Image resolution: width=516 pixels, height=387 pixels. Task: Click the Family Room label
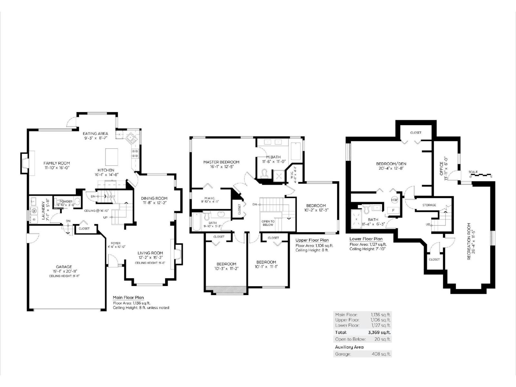(57, 163)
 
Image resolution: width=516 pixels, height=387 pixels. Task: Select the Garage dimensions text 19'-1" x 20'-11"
(64, 271)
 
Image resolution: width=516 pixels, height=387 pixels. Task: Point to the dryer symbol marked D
(34, 219)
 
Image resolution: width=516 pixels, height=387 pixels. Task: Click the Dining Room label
(154, 198)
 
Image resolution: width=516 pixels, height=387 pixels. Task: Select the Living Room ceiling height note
(150, 263)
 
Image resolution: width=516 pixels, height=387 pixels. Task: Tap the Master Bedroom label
(221, 162)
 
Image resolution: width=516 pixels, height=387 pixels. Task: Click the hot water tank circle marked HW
(394, 200)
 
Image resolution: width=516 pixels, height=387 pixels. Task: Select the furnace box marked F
(393, 210)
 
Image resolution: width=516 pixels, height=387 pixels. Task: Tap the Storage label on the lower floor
(429, 205)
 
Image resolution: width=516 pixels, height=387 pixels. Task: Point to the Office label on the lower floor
(442, 168)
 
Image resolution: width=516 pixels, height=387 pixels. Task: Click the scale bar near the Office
(481, 175)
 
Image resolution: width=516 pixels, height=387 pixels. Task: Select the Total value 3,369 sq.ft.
(379, 332)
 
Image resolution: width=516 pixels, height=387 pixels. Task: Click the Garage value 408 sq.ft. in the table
(381, 354)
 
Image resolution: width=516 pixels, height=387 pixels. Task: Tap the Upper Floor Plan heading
(312, 240)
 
